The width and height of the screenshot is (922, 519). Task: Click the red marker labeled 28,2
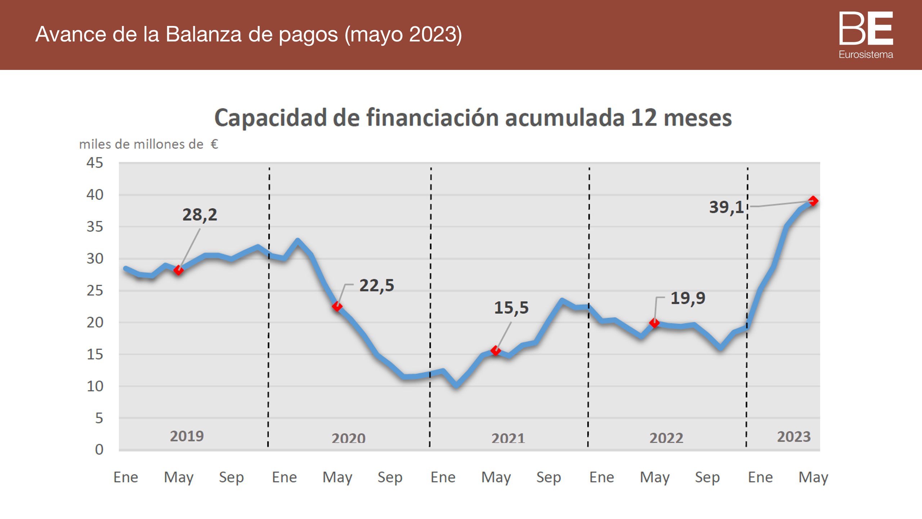pos(178,270)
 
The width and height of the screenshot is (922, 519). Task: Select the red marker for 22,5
pos(337,306)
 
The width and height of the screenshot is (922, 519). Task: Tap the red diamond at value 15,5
pos(496,350)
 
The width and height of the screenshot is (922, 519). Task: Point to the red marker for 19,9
pos(654,323)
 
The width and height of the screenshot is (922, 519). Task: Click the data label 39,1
pos(726,208)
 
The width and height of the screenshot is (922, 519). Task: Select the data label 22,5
pos(377,286)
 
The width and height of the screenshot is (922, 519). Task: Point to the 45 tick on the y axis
pos(95,163)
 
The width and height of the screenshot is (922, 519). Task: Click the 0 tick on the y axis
pos(99,449)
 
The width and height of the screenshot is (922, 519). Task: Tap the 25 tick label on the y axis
pos(95,290)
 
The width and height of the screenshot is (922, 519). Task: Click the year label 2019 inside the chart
pos(187,436)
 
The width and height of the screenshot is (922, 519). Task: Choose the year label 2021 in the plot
pos(508,438)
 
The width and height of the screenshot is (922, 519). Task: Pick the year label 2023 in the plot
pos(794,437)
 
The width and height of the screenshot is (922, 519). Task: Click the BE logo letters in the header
pos(866,28)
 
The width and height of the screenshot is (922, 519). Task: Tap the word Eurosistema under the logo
pos(866,54)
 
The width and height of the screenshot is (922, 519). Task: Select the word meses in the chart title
pos(698,118)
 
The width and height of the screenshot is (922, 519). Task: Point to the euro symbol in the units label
pos(214,145)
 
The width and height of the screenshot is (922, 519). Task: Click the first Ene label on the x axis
pos(126,477)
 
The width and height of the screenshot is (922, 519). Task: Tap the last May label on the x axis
pos(813,477)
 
